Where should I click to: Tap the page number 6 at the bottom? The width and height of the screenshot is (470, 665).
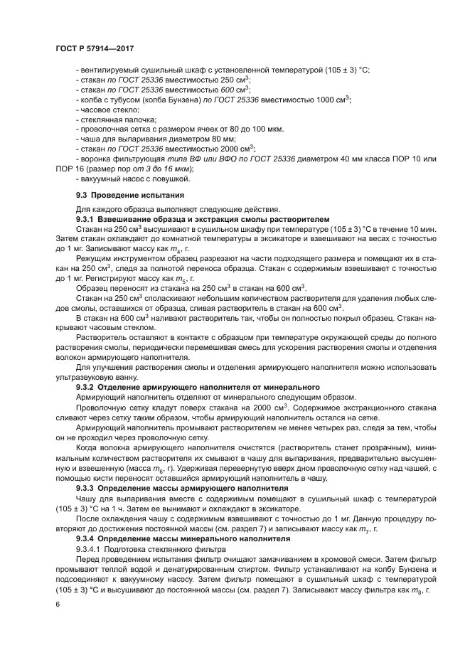pyautogui.click(x=57, y=604)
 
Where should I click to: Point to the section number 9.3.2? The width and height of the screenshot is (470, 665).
pyautogui.click(x=89, y=385)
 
